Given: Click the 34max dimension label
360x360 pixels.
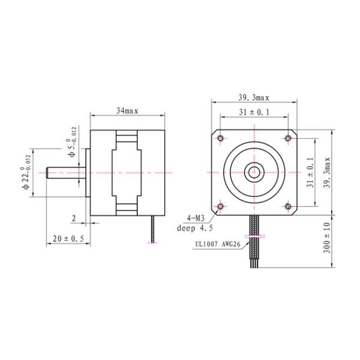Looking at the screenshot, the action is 127,111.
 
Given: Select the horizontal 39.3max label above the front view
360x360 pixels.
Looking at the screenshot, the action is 254,98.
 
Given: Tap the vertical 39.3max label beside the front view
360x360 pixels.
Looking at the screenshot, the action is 327,172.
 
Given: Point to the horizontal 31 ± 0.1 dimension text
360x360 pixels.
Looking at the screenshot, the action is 254,112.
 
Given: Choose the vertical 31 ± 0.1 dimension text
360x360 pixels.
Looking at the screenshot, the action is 310,172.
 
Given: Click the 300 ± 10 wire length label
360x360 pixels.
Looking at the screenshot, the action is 327,238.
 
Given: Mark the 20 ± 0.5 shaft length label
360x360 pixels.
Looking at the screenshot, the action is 68,239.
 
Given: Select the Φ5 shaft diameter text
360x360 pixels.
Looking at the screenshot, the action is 71,142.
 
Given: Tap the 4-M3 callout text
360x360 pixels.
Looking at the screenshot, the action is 196,218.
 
